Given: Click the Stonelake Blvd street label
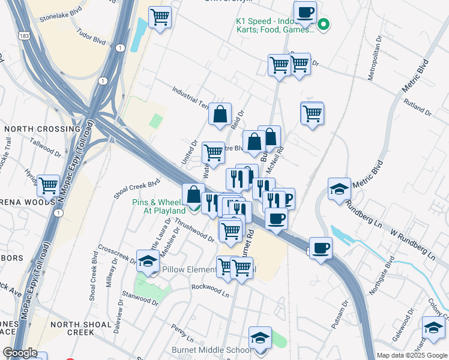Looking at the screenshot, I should tap(59, 19).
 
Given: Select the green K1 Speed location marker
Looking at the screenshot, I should tap(324, 25).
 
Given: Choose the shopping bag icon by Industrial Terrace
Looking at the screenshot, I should tap(220, 113).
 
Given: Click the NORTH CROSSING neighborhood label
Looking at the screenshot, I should tap(41, 129).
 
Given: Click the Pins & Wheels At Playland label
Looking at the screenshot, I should tap(158, 206).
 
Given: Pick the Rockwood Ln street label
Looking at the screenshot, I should tap(211, 290).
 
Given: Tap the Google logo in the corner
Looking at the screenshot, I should tap(20, 353).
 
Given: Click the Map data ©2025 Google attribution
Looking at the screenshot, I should tap(412, 355).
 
